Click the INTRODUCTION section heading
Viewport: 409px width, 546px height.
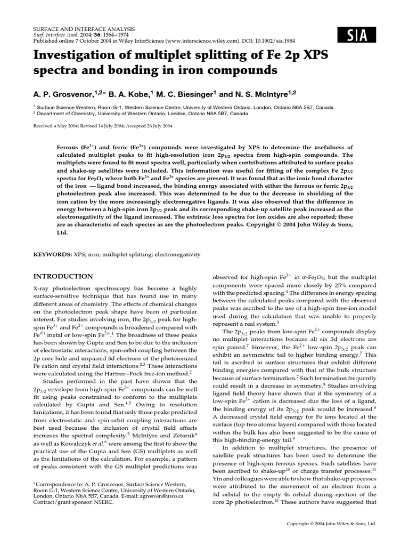[63, 276]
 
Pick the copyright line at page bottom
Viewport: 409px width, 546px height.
[331, 524]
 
